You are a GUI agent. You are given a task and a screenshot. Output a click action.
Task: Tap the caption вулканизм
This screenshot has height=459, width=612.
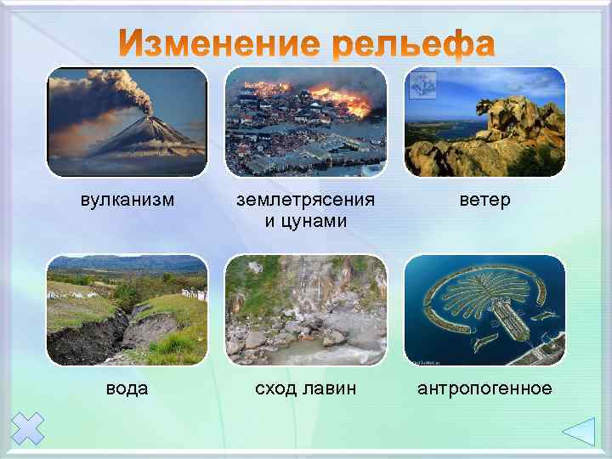[x=127, y=201]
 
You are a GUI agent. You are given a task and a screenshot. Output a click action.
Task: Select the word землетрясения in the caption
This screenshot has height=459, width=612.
[x=306, y=201]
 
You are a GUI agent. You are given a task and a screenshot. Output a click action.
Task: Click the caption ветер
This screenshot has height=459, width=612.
[x=484, y=201]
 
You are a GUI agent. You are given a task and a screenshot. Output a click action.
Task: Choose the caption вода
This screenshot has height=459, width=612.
[x=127, y=388]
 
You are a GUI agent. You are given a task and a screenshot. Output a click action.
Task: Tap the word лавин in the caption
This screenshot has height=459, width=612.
[x=331, y=388]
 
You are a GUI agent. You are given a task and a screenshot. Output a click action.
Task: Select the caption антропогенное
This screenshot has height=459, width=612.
[x=484, y=388]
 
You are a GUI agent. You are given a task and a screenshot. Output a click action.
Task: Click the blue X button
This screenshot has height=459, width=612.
[x=29, y=428]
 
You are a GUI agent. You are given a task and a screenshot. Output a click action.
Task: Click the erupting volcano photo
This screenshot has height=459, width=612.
[x=127, y=122]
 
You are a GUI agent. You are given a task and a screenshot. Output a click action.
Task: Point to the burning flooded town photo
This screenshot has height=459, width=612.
[x=306, y=122]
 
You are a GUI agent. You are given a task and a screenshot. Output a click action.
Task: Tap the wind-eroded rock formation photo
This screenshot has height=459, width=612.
[x=484, y=122]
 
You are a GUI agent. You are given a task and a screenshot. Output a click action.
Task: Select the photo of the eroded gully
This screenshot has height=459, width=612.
[x=127, y=310]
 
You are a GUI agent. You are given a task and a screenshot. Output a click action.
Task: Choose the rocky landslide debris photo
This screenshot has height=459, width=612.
[x=306, y=310]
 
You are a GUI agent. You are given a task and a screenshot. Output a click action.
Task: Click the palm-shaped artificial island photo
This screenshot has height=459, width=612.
[x=484, y=310]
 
